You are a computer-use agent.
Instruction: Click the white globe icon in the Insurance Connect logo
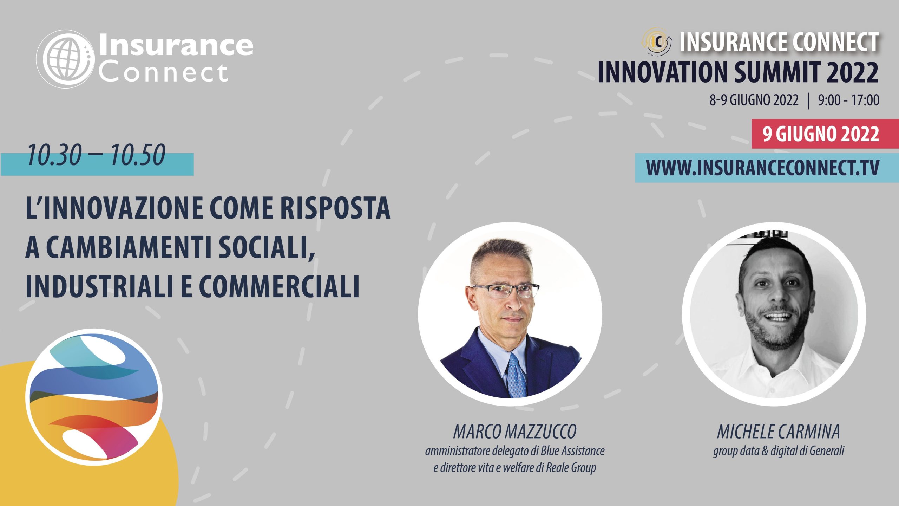[x=66, y=59]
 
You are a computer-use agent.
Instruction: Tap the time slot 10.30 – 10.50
[x=96, y=155]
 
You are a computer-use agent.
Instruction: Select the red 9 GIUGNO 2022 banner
[x=825, y=134]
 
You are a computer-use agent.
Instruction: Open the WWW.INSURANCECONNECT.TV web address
[x=762, y=168]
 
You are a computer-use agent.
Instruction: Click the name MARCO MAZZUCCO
[x=515, y=432]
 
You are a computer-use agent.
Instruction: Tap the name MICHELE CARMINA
[x=778, y=432]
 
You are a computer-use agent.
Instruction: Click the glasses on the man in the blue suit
[x=506, y=290]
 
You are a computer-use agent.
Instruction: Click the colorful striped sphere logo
[x=94, y=397]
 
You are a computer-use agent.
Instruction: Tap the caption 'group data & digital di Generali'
[x=779, y=451]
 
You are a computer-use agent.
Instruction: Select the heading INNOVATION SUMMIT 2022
[x=738, y=72]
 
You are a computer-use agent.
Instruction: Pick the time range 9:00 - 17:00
[x=849, y=100]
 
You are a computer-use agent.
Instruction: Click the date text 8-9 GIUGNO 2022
[x=754, y=100]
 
